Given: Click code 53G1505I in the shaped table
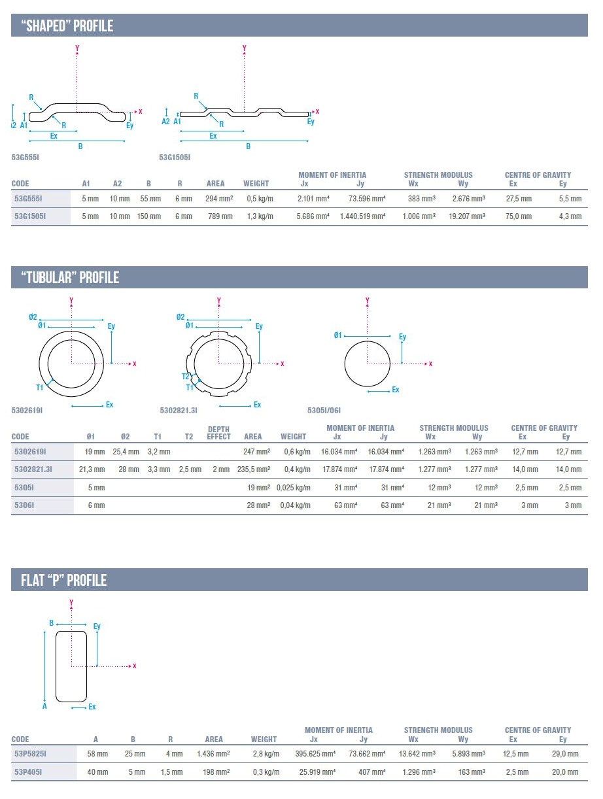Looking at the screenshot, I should pos(30,216).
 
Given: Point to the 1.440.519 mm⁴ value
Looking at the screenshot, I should pos(362,216).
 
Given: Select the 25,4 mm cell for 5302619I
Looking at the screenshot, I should pos(126,452).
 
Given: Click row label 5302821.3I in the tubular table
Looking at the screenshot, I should pos(34,469).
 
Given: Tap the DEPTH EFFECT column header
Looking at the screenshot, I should pos(218,433).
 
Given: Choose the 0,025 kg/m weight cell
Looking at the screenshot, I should pos(292,488).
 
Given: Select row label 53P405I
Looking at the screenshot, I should pos(28,772).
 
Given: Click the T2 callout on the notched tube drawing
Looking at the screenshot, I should pos(185,376).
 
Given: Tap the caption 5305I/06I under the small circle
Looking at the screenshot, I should pos(324,411).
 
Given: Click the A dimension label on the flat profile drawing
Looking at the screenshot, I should pos(44,706).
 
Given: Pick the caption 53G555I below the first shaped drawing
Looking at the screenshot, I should pos(26,158).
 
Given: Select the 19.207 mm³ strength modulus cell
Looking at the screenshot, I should pos(467,216).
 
